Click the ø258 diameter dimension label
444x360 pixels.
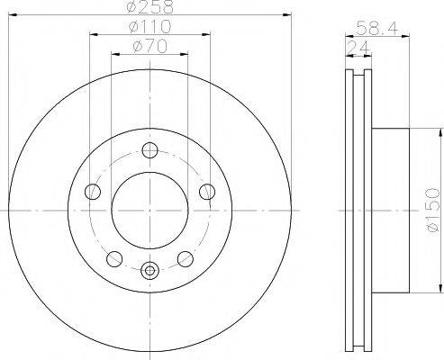[150, 6]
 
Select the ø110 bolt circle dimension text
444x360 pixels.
[150, 26]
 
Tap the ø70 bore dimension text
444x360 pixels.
[150, 47]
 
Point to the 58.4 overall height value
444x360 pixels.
[377, 29]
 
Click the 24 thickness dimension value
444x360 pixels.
[358, 48]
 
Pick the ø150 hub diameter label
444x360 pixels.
[433, 210]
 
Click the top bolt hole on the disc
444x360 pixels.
[150, 150]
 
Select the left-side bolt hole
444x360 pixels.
[93, 192]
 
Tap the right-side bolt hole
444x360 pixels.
[207, 192]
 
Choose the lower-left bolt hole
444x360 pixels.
[114, 259]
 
